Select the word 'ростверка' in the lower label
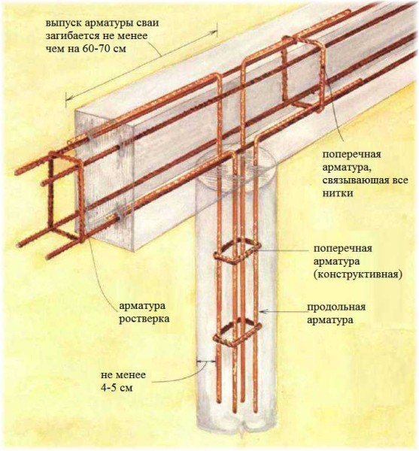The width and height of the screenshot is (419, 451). point(144,319)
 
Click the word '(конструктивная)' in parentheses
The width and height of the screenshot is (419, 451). point(357,274)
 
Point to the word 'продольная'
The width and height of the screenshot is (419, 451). point(336,307)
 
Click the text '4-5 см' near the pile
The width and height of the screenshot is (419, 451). point(117,388)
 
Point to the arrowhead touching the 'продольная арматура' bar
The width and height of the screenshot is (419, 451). point(261,311)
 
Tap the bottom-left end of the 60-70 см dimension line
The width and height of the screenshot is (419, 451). point(66,101)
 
